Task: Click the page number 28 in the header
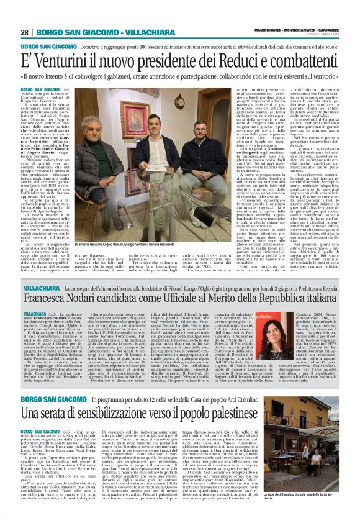pos(24,32)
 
